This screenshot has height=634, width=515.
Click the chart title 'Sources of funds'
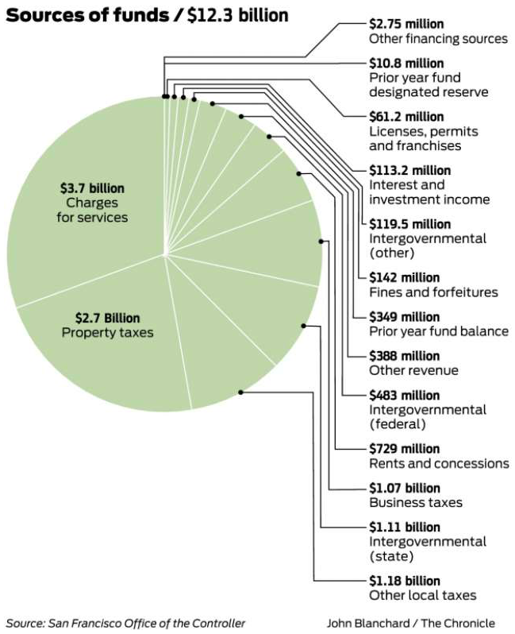coord(87,15)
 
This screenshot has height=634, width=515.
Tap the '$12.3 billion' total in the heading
coord(238,15)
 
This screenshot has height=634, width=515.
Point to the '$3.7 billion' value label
coord(92,188)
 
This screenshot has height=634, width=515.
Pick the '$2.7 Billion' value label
coord(107,319)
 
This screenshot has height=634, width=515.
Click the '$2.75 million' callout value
coord(406,25)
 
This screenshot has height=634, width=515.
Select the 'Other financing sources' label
coord(438,39)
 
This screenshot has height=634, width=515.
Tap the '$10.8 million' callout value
coord(406,64)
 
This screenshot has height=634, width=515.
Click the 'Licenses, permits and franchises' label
coord(424,139)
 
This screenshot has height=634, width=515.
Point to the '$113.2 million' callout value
coord(410,171)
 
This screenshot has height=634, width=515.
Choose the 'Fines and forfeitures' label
coord(433,292)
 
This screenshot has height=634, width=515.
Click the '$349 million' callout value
coord(405,317)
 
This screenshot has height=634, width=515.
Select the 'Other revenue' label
coord(413,370)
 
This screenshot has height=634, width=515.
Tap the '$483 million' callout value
coord(405,396)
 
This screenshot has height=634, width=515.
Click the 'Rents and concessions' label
coord(439,463)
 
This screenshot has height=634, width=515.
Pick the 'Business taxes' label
coord(416,503)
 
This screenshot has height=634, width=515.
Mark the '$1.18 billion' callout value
coord(405,581)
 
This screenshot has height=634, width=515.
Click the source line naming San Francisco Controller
coord(125,623)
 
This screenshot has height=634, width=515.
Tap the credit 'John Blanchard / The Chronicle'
coord(411,623)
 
